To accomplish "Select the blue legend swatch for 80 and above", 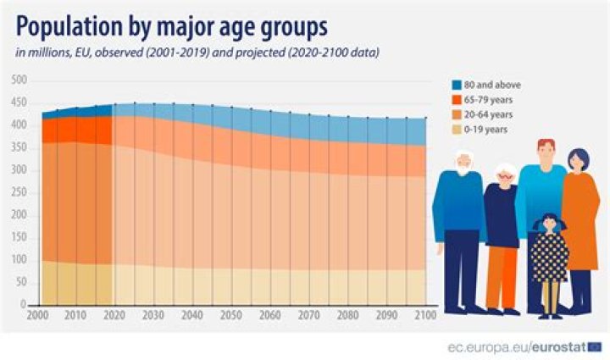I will pyautogui.click(x=456, y=84).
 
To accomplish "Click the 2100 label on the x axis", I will pyautogui.click(x=424, y=316).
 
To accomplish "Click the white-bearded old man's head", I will pyautogui.click(x=462, y=163).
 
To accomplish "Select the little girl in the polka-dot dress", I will pyautogui.click(x=548, y=254).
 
